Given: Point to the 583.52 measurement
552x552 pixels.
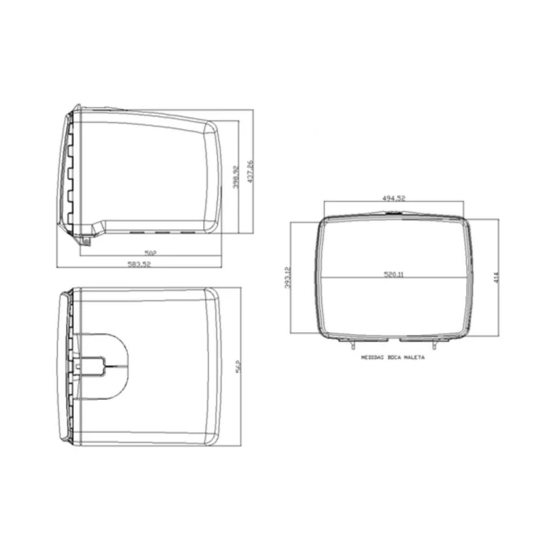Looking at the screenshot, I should click(139, 264).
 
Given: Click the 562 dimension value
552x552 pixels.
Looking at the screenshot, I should click(238, 366).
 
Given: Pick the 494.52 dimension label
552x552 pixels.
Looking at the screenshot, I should click(394, 198).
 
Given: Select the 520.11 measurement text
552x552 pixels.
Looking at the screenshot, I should click(394, 274).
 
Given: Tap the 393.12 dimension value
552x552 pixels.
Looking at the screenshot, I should click(287, 278).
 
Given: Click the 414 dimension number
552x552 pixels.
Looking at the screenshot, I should click(496, 277).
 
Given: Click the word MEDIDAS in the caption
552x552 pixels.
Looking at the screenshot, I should click(371, 357).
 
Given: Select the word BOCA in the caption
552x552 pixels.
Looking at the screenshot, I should click(394, 357).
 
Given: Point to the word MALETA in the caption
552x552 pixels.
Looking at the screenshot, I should click(414, 357).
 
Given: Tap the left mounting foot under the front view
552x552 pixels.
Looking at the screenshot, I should click(352, 343).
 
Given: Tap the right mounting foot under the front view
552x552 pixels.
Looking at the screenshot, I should click(434, 343).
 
